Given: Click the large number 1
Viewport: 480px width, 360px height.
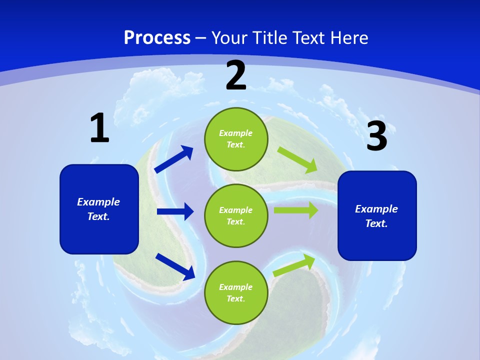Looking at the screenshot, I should pyautogui.click(x=99, y=128).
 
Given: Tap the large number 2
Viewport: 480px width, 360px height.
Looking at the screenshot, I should pyautogui.click(x=236, y=76).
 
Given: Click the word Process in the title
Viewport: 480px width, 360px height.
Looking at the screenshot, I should pyautogui.click(x=157, y=37).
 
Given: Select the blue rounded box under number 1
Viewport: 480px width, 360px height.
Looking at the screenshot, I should pyautogui.click(x=99, y=209).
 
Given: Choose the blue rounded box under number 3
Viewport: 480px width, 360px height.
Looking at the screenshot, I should pyautogui.click(x=377, y=215).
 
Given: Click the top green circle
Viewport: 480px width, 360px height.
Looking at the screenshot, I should pyautogui.click(x=236, y=139).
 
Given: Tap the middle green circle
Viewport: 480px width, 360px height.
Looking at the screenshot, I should pyautogui.click(x=236, y=215).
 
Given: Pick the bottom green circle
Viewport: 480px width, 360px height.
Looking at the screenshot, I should pyautogui.click(x=236, y=292).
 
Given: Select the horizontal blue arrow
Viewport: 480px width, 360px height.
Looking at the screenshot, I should pyautogui.click(x=175, y=211).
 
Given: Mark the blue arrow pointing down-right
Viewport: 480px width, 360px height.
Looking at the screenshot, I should pyautogui.click(x=175, y=266).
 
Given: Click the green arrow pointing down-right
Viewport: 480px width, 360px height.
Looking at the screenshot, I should pyautogui.click(x=297, y=159).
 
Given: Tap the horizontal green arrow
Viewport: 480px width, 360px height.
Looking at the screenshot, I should pyautogui.click(x=295, y=210).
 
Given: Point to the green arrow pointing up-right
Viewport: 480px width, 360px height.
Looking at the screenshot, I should pyautogui.click(x=294, y=265).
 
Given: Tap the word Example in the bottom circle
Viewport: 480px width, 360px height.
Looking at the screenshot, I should pyautogui.click(x=236, y=287).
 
